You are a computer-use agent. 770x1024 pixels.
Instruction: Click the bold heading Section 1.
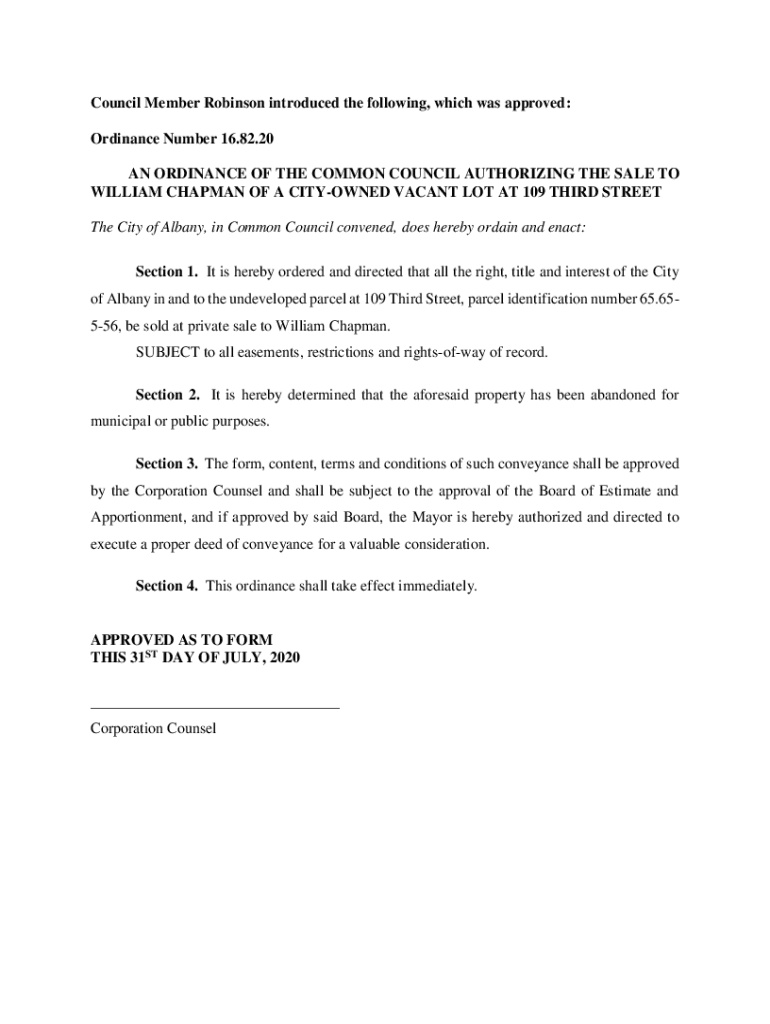166,272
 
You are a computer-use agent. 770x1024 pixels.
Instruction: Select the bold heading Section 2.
166,395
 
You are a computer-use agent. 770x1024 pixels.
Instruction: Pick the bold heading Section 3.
166,464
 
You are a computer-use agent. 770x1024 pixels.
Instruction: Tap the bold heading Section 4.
166,586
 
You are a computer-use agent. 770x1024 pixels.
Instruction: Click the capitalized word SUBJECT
167,353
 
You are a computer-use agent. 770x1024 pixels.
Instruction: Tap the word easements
271,353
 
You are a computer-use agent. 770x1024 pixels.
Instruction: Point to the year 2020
283,658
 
